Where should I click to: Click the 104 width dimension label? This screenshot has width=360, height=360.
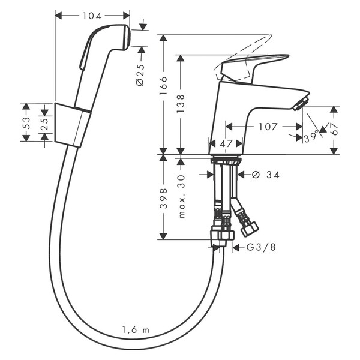point(92,16)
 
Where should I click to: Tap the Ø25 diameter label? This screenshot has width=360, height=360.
point(140,75)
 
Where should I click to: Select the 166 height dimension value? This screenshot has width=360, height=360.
point(163,86)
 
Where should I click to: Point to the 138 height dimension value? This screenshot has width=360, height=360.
point(181,104)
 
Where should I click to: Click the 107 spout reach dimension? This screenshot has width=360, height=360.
point(268,127)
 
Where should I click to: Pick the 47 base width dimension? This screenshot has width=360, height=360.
point(226,144)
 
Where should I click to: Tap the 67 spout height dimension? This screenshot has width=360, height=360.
point(335,129)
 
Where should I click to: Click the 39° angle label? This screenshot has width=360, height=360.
point(311,137)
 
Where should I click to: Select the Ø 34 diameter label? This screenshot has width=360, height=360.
point(266,175)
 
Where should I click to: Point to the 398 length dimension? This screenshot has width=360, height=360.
point(163,199)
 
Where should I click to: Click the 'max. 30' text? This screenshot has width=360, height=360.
point(181,196)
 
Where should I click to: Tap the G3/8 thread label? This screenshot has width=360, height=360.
point(261,247)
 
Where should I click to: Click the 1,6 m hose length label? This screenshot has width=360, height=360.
point(136,330)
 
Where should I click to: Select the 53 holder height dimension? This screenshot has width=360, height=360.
point(26,123)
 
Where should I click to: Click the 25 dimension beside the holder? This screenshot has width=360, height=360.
point(45,124)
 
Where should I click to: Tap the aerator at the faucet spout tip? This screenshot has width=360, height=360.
point(301,104)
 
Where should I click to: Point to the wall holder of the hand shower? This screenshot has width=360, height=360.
point(73,125)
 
